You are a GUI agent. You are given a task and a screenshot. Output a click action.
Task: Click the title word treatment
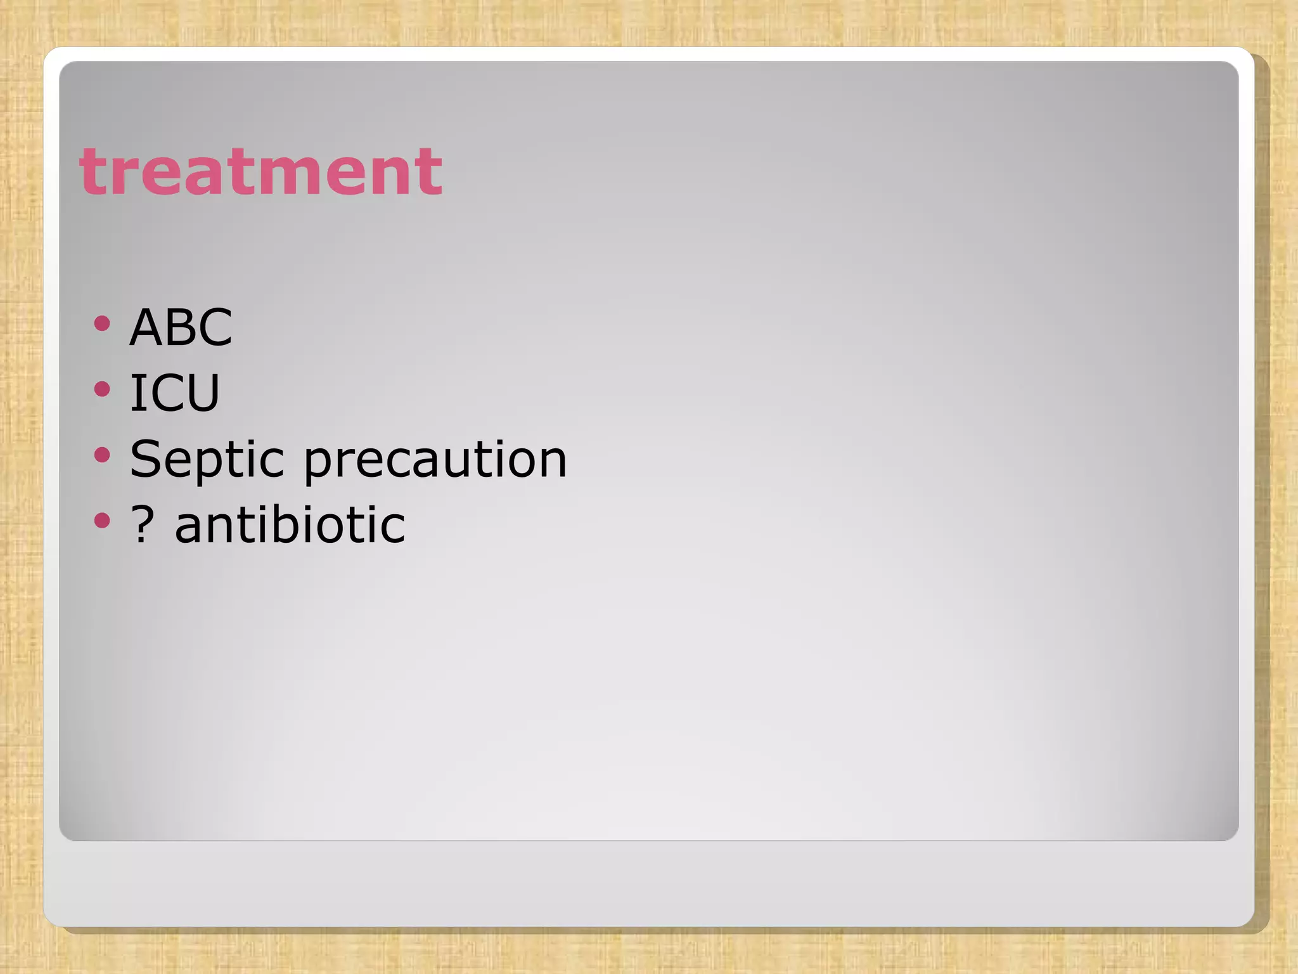(x=260, y=171)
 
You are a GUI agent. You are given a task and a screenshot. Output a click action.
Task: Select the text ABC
(x=181, y=327)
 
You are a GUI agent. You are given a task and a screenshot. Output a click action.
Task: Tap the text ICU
(x=174, y=393)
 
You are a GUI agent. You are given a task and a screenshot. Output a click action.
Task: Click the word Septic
(x=207, y=459)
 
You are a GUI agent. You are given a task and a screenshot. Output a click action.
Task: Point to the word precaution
(x=435, y=459)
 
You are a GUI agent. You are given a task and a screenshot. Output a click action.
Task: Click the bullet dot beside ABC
(x=101, y=325)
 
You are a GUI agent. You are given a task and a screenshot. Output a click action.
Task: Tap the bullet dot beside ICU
(x=101, y=389)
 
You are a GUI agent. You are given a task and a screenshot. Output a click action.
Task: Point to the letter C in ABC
(x=215, y=327)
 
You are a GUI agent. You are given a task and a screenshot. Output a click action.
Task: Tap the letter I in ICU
(x=136, y=393)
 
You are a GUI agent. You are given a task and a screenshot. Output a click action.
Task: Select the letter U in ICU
(x=202, y=393)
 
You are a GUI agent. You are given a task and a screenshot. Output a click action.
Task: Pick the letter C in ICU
(x=163, y=393)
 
